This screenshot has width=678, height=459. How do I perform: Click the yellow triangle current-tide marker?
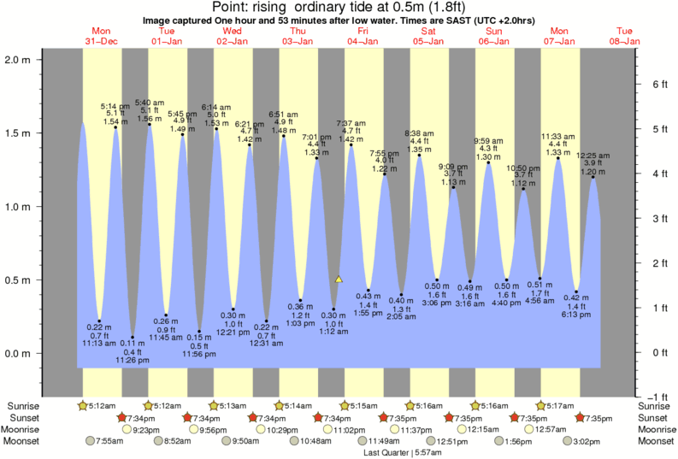(339, 279)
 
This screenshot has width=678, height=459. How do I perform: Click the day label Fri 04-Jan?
(362, 36)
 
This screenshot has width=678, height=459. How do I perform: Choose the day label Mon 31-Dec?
(102, 36)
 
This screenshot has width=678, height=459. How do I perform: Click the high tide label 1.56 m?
(150, 119)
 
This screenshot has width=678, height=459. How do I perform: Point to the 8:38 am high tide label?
(425, 132)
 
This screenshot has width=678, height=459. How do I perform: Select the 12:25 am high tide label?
(593, 156)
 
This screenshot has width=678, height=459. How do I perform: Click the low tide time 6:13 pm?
(577, 315)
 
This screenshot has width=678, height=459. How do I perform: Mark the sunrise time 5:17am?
(556, 405)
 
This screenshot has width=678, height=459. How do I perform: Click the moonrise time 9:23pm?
(147, 429)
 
